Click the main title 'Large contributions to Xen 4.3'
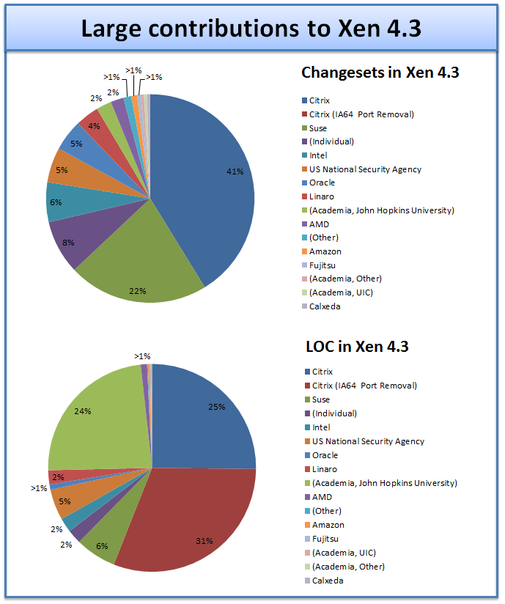(251, 29)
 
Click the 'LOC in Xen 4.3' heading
(357, 346)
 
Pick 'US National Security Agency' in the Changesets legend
(365, 169)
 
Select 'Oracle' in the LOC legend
(324, 455)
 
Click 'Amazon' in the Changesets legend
(325, 251)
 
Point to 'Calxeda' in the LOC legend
(328, 580)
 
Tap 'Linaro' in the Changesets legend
(323, 196)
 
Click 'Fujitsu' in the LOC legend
(325, 539)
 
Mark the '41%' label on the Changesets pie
(235, 172)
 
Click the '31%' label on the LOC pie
(204, 541)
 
